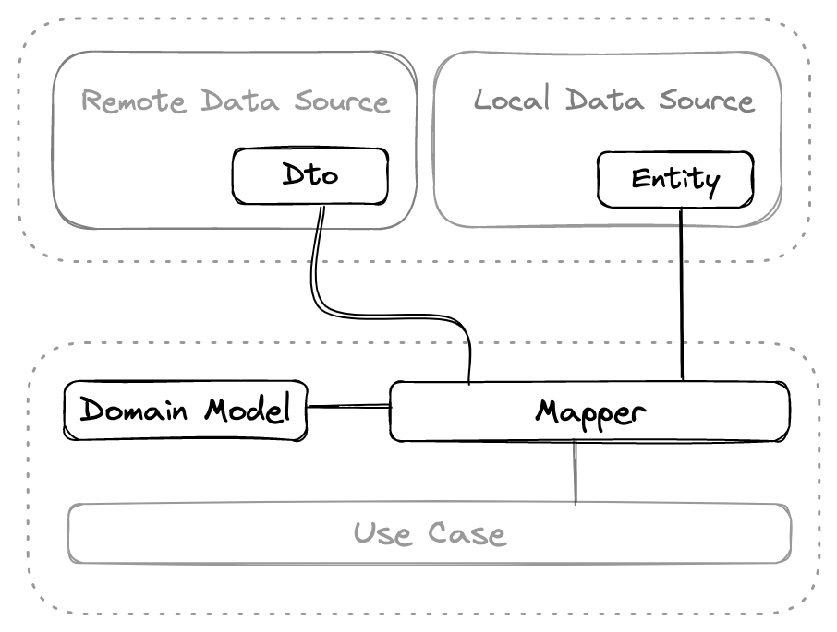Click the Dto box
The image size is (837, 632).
click(309, 175)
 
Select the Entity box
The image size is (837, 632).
click(675, 180)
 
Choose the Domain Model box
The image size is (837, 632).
click(185, 410)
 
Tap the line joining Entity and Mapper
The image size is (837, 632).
click(682, 295)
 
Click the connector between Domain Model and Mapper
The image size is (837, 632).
click(348, 406)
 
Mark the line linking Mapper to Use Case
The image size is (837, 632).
click(576, 472)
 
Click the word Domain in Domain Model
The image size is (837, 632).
click(138, 410)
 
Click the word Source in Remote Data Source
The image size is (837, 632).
click(342, 101)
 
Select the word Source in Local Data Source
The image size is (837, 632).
click(707, 100)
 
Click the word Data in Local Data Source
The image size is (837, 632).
click(605, 100)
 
